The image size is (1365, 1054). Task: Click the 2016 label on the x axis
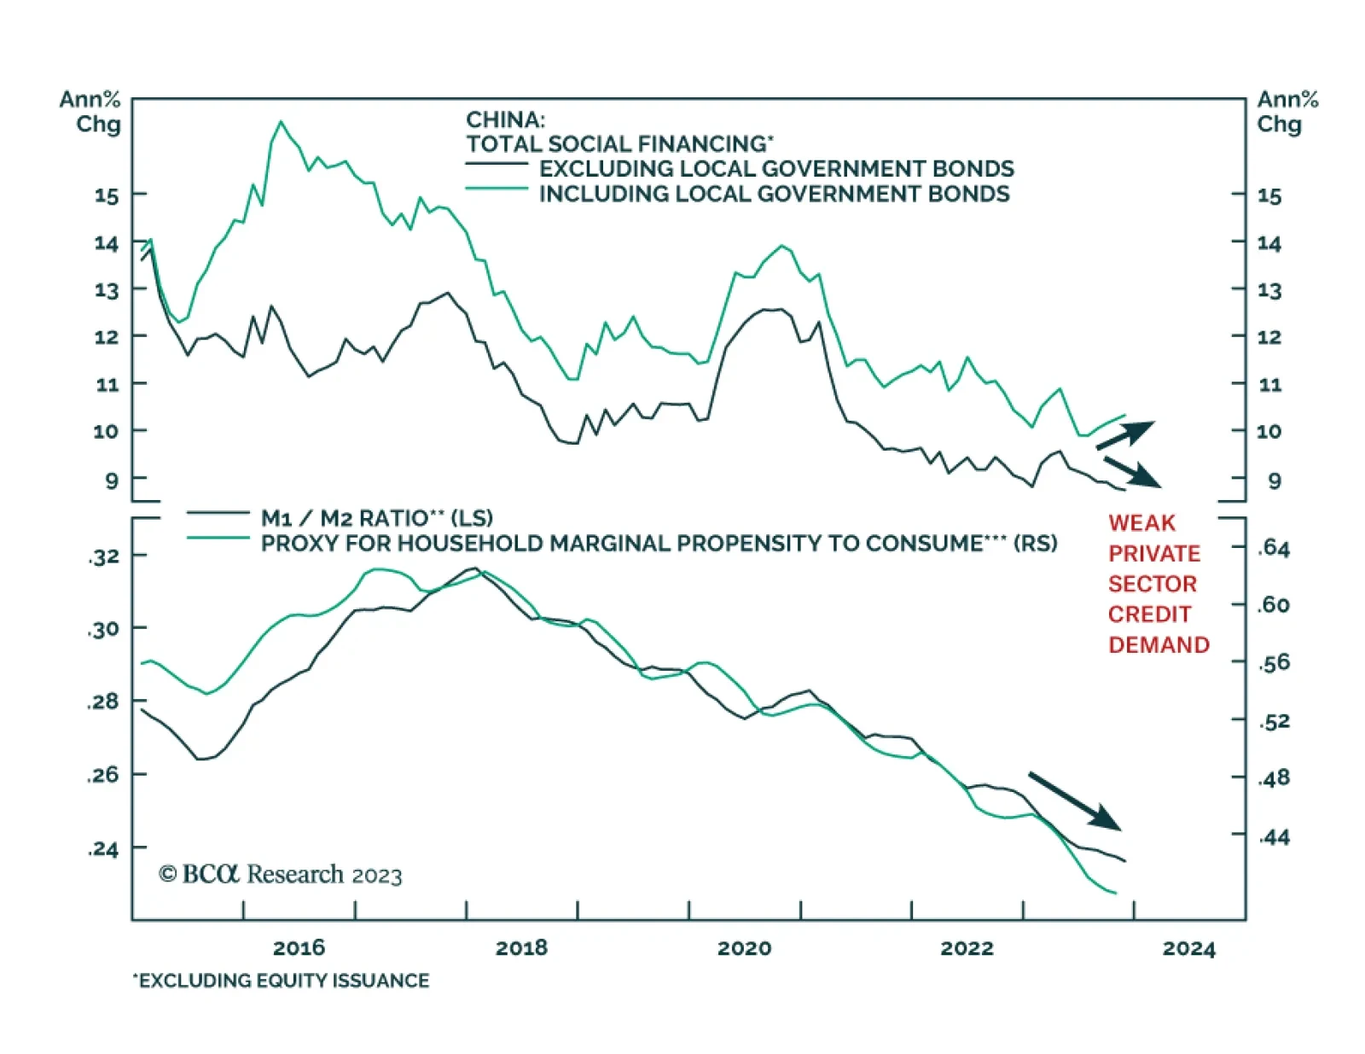pos(299,947)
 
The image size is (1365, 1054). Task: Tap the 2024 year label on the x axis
pos(1188,948)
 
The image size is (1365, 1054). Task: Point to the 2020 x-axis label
pos(744,947)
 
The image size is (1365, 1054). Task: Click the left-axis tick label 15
pos(106,195)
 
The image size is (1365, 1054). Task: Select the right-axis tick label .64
pos(1274,548)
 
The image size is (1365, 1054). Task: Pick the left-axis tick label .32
pos(103,556)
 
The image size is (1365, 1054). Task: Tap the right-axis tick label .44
pos(1274,837)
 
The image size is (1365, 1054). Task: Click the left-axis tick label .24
pos(103,849)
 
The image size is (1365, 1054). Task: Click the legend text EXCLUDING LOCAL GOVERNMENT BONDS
pos(776,168)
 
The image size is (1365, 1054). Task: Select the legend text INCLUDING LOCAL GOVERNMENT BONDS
pos(774,194)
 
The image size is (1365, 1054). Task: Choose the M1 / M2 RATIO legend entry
pos(376,518)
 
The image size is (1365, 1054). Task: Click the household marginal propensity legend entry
pos(659,544)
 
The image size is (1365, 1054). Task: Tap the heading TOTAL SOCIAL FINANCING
pos(619,143)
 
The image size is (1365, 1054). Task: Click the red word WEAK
pos(1141,523)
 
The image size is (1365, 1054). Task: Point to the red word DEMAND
pos(1159,645)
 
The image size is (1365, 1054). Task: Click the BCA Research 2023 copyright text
pos(280,875)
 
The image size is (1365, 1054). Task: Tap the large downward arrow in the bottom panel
pos(1075,801)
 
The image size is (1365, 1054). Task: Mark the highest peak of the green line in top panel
pos(281,122)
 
